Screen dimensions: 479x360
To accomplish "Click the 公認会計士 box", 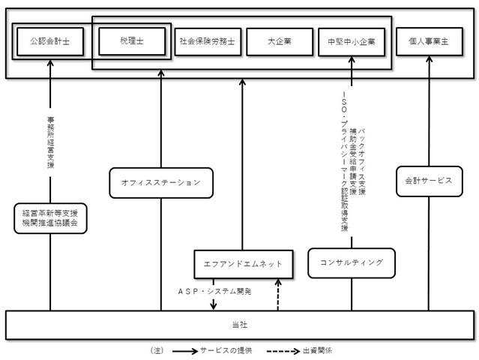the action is (50, 41).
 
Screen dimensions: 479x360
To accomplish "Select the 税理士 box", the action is (132, 41).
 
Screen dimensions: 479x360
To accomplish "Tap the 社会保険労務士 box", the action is (208, 42).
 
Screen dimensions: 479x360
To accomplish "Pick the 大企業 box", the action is (280, 42).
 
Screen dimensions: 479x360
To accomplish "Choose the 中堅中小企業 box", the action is (352, 42).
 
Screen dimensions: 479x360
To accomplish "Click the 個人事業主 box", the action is (430, 41).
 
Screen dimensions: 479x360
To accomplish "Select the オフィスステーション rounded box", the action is (161, 183).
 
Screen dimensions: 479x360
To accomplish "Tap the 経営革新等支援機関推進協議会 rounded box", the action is (50, 218).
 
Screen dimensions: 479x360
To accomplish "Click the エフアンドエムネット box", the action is (244, 264).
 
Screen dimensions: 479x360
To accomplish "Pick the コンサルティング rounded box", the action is (352, 262).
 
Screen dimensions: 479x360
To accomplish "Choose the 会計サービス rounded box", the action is (430, 181).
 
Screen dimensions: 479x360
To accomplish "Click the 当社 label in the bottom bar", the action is (240, 325).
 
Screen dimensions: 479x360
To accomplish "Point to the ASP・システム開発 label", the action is (214, 291).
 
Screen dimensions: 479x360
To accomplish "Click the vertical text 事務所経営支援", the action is (50, 142).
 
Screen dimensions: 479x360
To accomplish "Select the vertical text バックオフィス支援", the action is (362, 162).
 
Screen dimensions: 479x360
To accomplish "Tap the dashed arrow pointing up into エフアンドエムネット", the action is (278, 295).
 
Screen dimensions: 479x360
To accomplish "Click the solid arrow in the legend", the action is (185, 351).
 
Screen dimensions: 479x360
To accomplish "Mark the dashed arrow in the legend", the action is (283, 351).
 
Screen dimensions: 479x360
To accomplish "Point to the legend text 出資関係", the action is (317, 350).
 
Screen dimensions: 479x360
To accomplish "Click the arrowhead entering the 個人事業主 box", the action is (430, 59).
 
